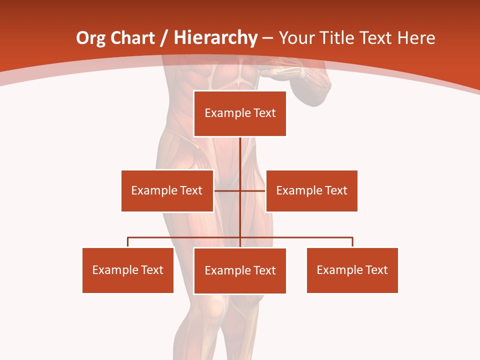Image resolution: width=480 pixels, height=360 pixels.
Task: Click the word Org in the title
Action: click(x=91, y=38)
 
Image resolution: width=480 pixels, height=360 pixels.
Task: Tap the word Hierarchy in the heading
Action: click(x=215, y=38)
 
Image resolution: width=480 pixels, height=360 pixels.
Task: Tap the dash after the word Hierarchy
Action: click(x=267, y=38)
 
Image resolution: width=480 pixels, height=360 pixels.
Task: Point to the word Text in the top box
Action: click(x=264, y=113)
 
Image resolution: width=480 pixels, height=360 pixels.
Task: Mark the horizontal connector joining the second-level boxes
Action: click(x=227, y=190)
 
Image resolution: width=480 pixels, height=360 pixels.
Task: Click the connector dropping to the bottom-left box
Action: click(x=128, y=242)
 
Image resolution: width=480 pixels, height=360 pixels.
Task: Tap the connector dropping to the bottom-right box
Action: click(x=352, y=242)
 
